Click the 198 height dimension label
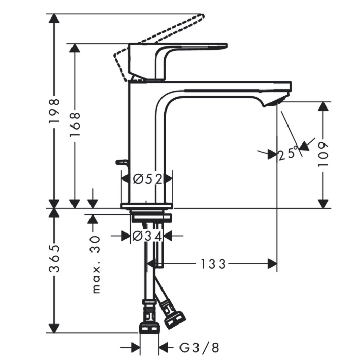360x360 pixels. click(55, 112)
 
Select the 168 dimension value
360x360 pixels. click(75, 124)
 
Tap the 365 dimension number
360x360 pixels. click(55, 259)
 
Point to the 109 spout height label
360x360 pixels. click(323, 154)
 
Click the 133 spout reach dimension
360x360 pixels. click(213, 264)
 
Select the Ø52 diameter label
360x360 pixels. click(148, 179)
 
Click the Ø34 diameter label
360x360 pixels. click(148, 236)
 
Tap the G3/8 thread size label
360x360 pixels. click(199, 348)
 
